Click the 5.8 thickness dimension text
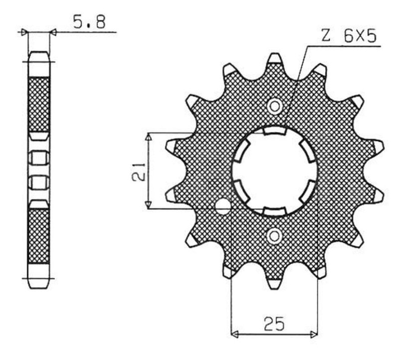pos(89,22)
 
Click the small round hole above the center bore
pos(275,106)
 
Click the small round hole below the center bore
pos(275,236)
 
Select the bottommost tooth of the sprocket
pos(275,283)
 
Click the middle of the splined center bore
pos(275,171)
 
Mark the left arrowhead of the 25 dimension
pos(235,333)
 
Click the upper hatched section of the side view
pos(39,102)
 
